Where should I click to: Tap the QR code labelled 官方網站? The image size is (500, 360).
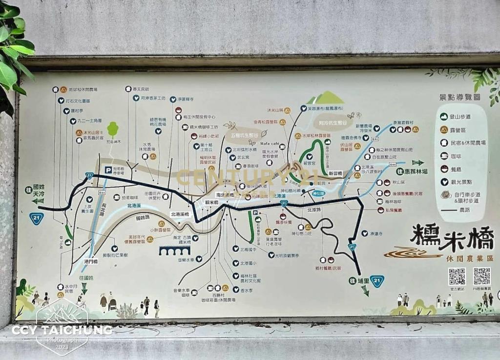pyautogui.click(x=457, y=276)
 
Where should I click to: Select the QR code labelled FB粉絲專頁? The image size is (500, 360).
pyautogui.click(x=481, y=276)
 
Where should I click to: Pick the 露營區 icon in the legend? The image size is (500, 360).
pyautogui.click(x=444, y=129)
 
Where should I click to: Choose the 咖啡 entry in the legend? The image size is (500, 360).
pyautogui.click(x=444, y=156)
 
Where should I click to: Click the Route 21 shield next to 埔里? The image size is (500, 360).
pyautogui.click(x=376, y=281)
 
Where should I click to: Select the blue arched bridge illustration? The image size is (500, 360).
pyautogui.click(x=174, y=251)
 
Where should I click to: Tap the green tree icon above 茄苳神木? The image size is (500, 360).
pyautogui.click(x=113, y=129)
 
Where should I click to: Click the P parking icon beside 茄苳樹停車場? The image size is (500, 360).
pyautogui.click(x=108, y=170)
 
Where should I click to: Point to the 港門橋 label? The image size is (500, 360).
pyautogui.click(x=91, y=261)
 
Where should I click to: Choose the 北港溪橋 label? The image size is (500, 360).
pyautogui.click(x=180, y=214)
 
